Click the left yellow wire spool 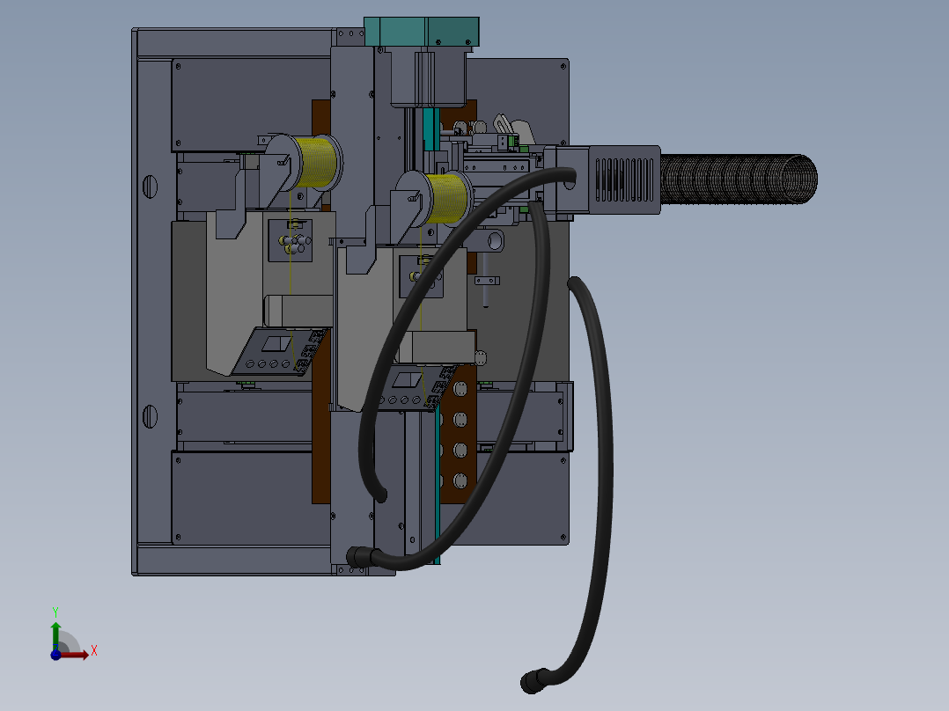pyautogui.click(x=319, y=163)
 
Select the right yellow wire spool pyautogui.click(x=449, y=196)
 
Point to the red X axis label pyautogui.click(x=93, y=651)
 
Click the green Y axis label pyautogui.click(x=55, y=610)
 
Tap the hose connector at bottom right pyautogui.click(x=533, y=682)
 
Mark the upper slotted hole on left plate pyautogui.click(x=149, y=186)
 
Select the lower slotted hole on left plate pyautogui.click(x=149, y=415)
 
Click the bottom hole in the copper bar pyautogui.click(x=459, y=480)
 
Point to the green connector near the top pyautogui.click(x=505, y=140)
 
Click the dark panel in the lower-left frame pyautogui.click(x=242, y=497)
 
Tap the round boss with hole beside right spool pyautogui.click(x=494, y=239)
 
